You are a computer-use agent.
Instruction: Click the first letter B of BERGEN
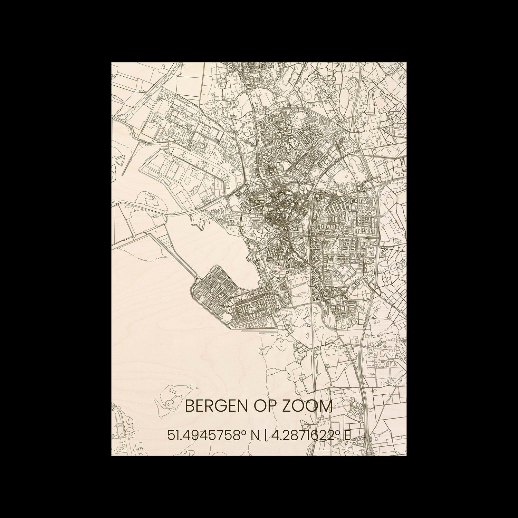[189, 406]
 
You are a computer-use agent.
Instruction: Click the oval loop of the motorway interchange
[366, 187]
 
